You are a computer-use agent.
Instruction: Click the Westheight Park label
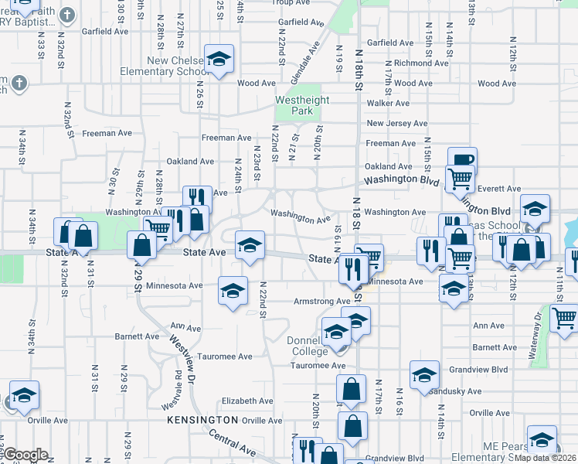[303, 105]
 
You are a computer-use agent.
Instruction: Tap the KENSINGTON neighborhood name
[203, 419]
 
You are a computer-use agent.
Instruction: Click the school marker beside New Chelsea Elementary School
[219, 59]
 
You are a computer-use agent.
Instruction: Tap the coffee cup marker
[462, 159]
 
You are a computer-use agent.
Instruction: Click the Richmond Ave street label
[422, 63]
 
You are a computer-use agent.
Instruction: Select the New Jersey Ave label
[397, 123]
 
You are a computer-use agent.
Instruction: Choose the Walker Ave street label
[388, 103]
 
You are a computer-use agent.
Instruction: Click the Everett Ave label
[499, 188]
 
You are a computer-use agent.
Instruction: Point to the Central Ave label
[232, 445]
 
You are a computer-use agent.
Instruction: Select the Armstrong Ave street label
[321, 302]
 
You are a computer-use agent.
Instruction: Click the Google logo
[25, 455]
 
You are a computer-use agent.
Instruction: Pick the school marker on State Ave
[250, 245]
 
